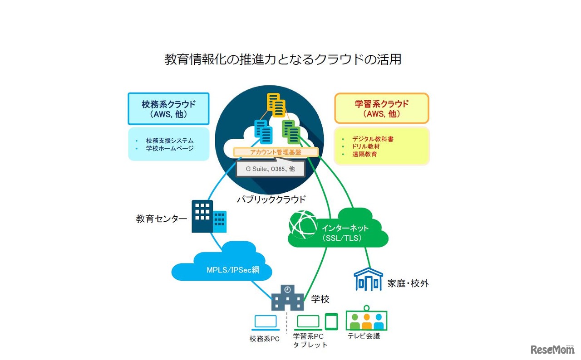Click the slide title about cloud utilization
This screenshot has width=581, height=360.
[283, 59]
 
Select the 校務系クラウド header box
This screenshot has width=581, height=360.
[168, 109]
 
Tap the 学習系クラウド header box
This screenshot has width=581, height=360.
[381, 109]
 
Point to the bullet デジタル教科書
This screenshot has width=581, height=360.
[373, 139]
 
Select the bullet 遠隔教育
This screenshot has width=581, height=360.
[364, 154]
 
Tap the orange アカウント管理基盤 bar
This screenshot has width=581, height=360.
[276, 152]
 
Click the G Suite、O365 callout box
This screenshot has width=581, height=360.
[270, 168]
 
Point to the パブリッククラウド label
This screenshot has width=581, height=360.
[271, 199]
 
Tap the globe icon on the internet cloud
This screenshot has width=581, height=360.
[303, 224]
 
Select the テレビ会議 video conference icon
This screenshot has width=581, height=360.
[366, 319]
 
